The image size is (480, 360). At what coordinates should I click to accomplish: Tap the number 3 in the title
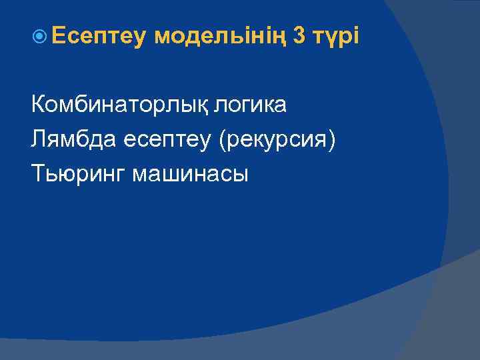[x=300, y=38]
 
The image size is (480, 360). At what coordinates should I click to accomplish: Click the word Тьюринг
[x=78, y=175]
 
